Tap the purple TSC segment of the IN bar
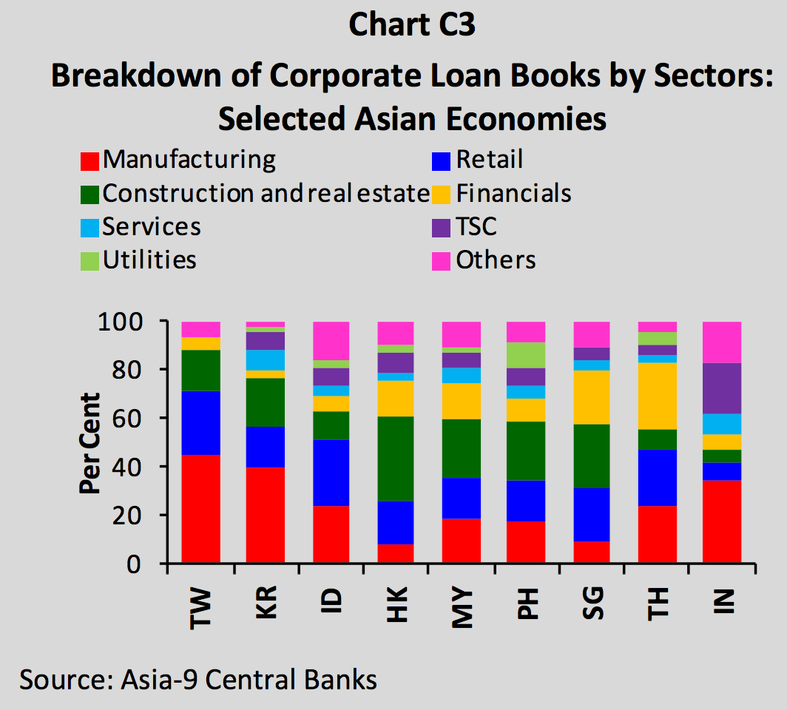[722, 388]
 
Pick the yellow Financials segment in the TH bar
[658, 396]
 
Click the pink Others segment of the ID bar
[331, 341]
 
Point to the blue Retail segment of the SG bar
[591, 515]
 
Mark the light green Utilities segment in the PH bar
[526, 355]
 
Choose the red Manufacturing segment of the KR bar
[266, 515]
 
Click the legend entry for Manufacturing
[189, 160]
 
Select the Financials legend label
[513, 194]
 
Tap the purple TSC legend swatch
[442, 227]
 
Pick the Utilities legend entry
[149, 260]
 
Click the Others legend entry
[496, 260]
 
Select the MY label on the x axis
[462, 611]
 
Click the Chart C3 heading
[411, 25]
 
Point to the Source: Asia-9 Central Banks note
[198, 679]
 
